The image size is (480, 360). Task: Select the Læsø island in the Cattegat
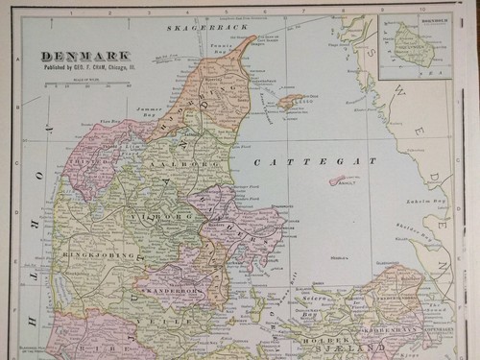(x=289, y=97)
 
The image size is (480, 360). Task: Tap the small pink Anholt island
(x=340, y=180)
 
